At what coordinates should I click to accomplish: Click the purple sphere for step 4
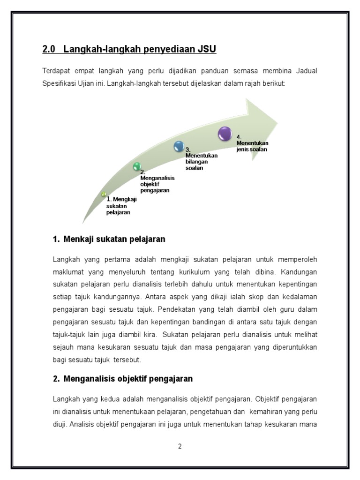tap(225, 134)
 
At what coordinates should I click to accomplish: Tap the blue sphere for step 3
tap(179, 146)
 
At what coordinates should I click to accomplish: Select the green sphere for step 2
tap(137, 166)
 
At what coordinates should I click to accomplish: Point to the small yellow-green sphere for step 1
tap(104, 194)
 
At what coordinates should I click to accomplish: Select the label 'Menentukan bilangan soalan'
tap(201, 158)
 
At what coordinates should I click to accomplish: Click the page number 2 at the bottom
tap(180, 446)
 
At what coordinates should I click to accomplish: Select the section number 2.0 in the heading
tap(49, 49)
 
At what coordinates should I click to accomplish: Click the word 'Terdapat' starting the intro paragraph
tap(55, 71)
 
